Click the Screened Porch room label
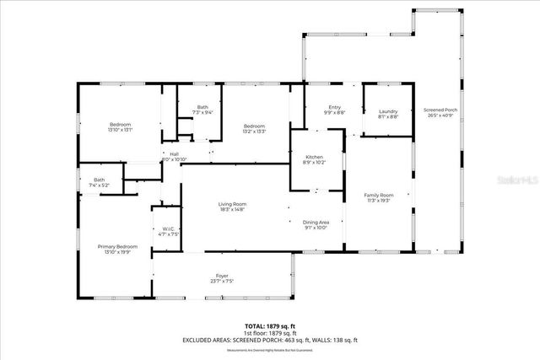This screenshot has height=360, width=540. [x=440, y=110]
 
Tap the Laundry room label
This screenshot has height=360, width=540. [x=388, y=111]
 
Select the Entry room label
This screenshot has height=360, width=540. [x=335, y=107]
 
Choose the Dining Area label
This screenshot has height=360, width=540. [x=316, y=222]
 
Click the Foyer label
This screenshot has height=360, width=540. [x=222, y=277]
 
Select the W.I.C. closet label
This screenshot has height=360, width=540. [x=168, y=228]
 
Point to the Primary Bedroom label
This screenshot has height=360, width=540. [x=114, y=246]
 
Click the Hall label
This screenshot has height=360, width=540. [x=174, y=154]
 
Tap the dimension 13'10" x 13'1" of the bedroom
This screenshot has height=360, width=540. [x=120, y=131]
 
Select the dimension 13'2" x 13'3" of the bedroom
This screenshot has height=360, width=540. [x=255, y=131]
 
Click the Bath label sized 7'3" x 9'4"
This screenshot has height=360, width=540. [x=202, y=107]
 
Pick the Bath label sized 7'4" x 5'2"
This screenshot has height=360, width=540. [x=100, y=180]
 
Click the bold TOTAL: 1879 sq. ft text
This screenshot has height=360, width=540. [x=270, y=325]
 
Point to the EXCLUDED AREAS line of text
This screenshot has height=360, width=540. [x=270, y=340]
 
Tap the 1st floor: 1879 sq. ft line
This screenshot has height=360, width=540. [x=270, y=332]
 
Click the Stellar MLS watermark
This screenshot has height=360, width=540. [x=515, y=180]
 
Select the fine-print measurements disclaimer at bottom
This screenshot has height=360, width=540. [x=270, y=349]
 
